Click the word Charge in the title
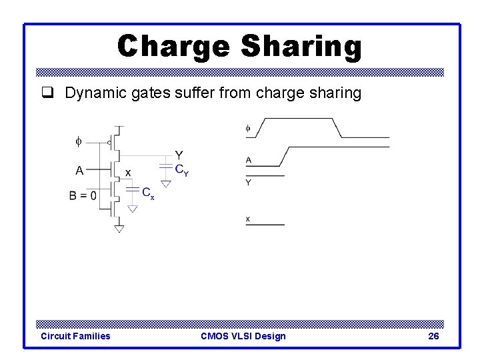[173, 47]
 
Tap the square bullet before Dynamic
[47, 93]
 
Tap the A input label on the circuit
[79, 170]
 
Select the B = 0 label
[83, 196]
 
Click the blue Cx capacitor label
[148, 193]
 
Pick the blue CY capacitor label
[181, 170]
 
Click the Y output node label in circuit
[179, 155]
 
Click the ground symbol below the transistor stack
[119, 229]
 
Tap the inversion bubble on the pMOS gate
[109, 141]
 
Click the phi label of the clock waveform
[248, 128]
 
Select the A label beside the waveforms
[249, 160]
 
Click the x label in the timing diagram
[248, 219]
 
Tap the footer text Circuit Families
[75, 336]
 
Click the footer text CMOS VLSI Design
[243, 336]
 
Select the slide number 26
[433, 336]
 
